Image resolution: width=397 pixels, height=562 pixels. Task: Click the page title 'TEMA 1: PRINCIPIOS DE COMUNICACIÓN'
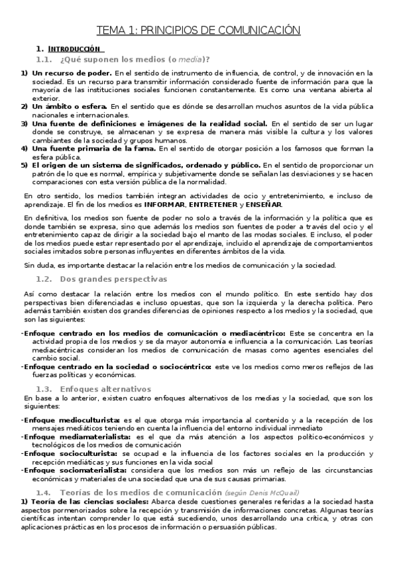(199, 30)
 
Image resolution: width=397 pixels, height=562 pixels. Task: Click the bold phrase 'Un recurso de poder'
(72, 72)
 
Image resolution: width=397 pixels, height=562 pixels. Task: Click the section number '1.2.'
(44, 280)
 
